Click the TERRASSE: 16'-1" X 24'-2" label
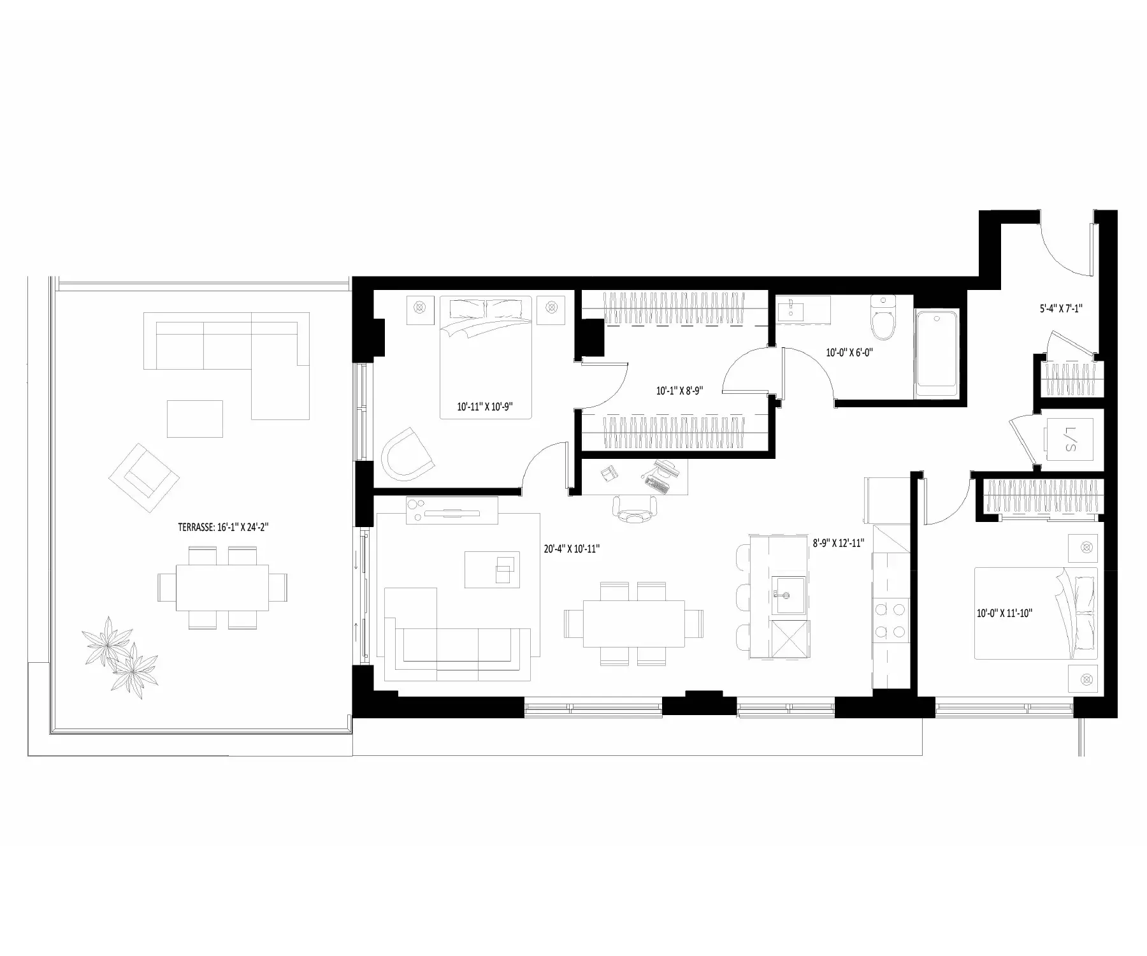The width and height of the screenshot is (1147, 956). [x=226, y=527]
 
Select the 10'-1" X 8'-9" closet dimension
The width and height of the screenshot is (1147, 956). [x=679, y=391]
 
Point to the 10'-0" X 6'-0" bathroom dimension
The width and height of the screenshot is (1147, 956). [x=849, y=352]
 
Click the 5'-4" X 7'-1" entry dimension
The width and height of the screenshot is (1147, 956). [x=1060, y=308]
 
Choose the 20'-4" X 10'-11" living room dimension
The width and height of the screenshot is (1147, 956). [x=572, y=549]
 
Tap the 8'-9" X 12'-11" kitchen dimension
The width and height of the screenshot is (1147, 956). [x=838, y=543]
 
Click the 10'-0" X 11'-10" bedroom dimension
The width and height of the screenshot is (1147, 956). [x=1004, y=613]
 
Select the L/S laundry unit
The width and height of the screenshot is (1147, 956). [x=1069, y=439]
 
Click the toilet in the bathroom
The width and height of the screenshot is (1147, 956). [x=883, y=319]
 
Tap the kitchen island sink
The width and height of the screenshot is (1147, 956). [x=789, y=595]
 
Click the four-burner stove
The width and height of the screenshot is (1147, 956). [x=890, y=620]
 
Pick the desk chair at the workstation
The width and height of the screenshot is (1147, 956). [x=635, y=509]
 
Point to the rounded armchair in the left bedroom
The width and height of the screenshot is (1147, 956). [x=406, y=454]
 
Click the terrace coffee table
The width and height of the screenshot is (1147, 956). [x=195, y=419]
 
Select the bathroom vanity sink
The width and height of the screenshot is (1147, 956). [x=791, y=311]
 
